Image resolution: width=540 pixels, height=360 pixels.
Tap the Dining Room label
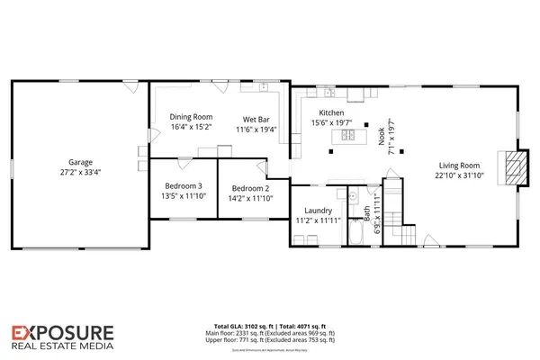click(x=191, y=117)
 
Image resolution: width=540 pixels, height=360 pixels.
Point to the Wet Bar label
click(x=256, y=118)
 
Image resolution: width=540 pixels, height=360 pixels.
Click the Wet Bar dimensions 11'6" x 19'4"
click(x=256, y=129)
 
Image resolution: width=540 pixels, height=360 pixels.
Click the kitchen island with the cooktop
click(x=346, y=136)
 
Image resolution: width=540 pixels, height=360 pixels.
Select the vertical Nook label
click(x=382, y=136)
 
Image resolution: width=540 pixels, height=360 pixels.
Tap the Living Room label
click(x=457, y=165)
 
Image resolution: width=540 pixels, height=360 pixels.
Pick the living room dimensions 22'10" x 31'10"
click(x=457, y=175)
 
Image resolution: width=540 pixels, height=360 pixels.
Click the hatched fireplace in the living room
click(x=514, y=167)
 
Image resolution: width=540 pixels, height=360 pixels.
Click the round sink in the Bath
click(x=355, y=197)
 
